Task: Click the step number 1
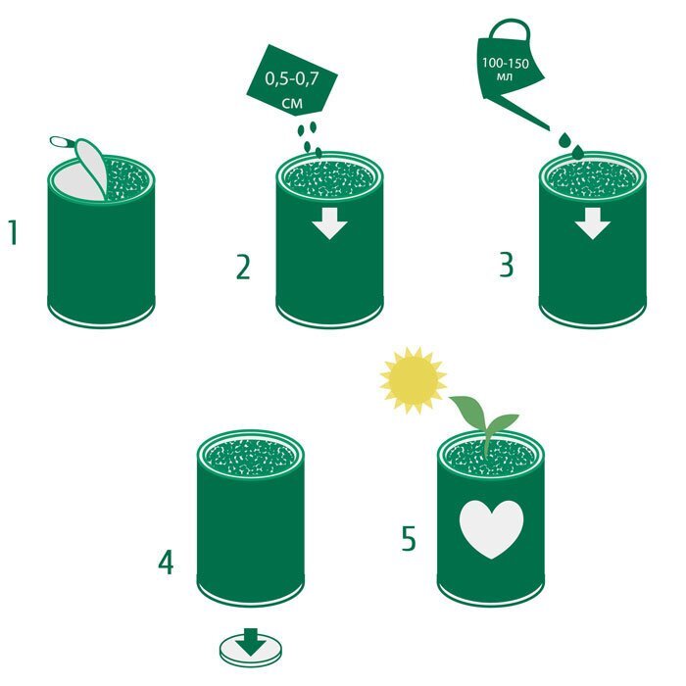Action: pyautogui.click(x=13, y=233)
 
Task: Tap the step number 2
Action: pyautogui.click(x=243, y=268)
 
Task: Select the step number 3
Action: pyautogui.click(x=507, y=265)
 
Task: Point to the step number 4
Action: pyautogui.click(x=166, y=563)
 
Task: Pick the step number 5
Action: pyautogui.click(x=409, y=539)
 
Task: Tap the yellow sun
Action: pyautogui.click(x=413, y=380)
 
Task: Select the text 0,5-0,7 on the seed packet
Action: pyautogui.click(x=292, y=79)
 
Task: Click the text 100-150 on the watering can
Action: pyautogui.click(x=506, y=64)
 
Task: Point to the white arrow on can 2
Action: pyautogui.click(x=329, y=223)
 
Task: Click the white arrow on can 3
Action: pyautogui.click(x=592, y=223)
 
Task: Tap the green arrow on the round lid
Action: pyautogui.click(x=250, y=641)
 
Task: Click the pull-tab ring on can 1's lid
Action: pyautogui.click(x=63, y=142)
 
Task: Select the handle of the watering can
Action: pyautogui.click(x=509, y=29)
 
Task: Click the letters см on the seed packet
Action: pyautogui.click(x=292, y=103)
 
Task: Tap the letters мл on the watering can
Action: pyautogui.click(x=505, y=77)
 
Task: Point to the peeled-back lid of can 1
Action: pyautogui.click(x=90, y=169)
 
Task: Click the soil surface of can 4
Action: pyautogui.click(x=250, y=458)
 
